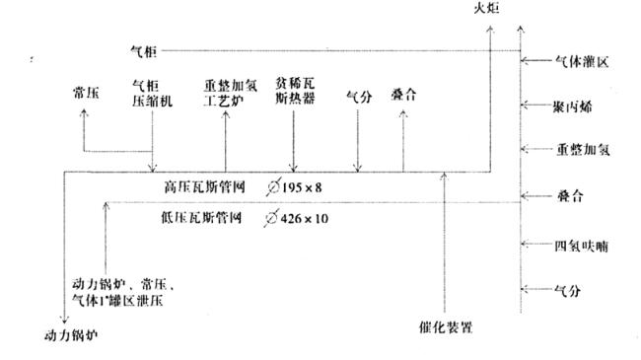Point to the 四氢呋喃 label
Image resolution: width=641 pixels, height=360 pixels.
579,243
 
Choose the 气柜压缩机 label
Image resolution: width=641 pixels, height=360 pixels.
152,95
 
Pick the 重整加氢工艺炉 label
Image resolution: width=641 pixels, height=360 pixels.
225,95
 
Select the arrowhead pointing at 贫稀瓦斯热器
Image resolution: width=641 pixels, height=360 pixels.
293,165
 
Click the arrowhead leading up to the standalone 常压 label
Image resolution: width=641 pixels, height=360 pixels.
83,112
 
